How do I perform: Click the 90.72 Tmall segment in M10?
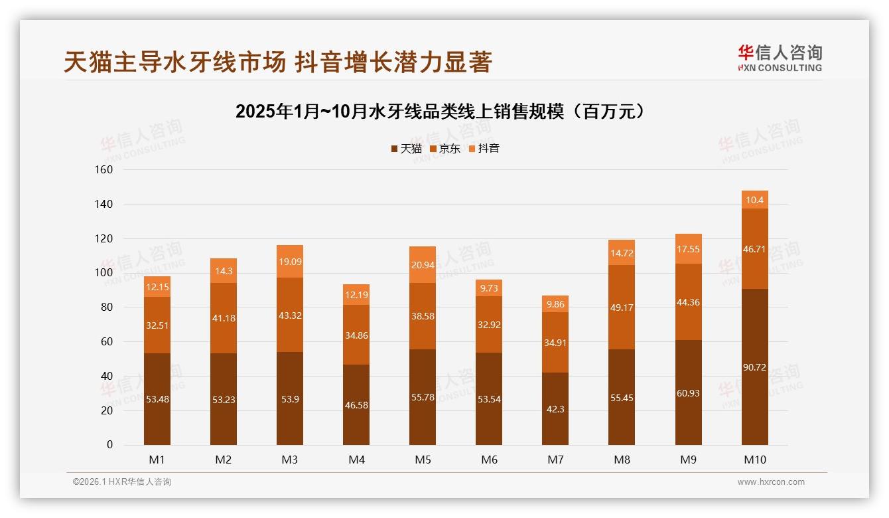click(754, 367)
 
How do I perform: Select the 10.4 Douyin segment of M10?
click(754, 200)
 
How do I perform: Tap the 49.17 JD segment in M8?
click(622, 307)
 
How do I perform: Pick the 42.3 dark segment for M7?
click(555, 409)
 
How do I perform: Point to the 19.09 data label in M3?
click(290, 262)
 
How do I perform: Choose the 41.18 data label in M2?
click(224, 318)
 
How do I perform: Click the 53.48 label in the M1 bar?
click(157, 400)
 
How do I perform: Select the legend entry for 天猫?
click(406, 149)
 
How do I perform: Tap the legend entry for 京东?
click(445, 149)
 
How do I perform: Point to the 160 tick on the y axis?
click(105, 170)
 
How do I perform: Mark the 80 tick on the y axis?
click(107, 307)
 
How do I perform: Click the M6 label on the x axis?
click(489, 460)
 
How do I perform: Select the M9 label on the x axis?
click(688, 460)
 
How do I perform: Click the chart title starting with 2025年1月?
click(441, 111)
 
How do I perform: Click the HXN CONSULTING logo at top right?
click(780, 58)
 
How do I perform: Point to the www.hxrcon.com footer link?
click(771, 482)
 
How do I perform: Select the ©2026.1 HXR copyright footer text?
click(122, 482)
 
